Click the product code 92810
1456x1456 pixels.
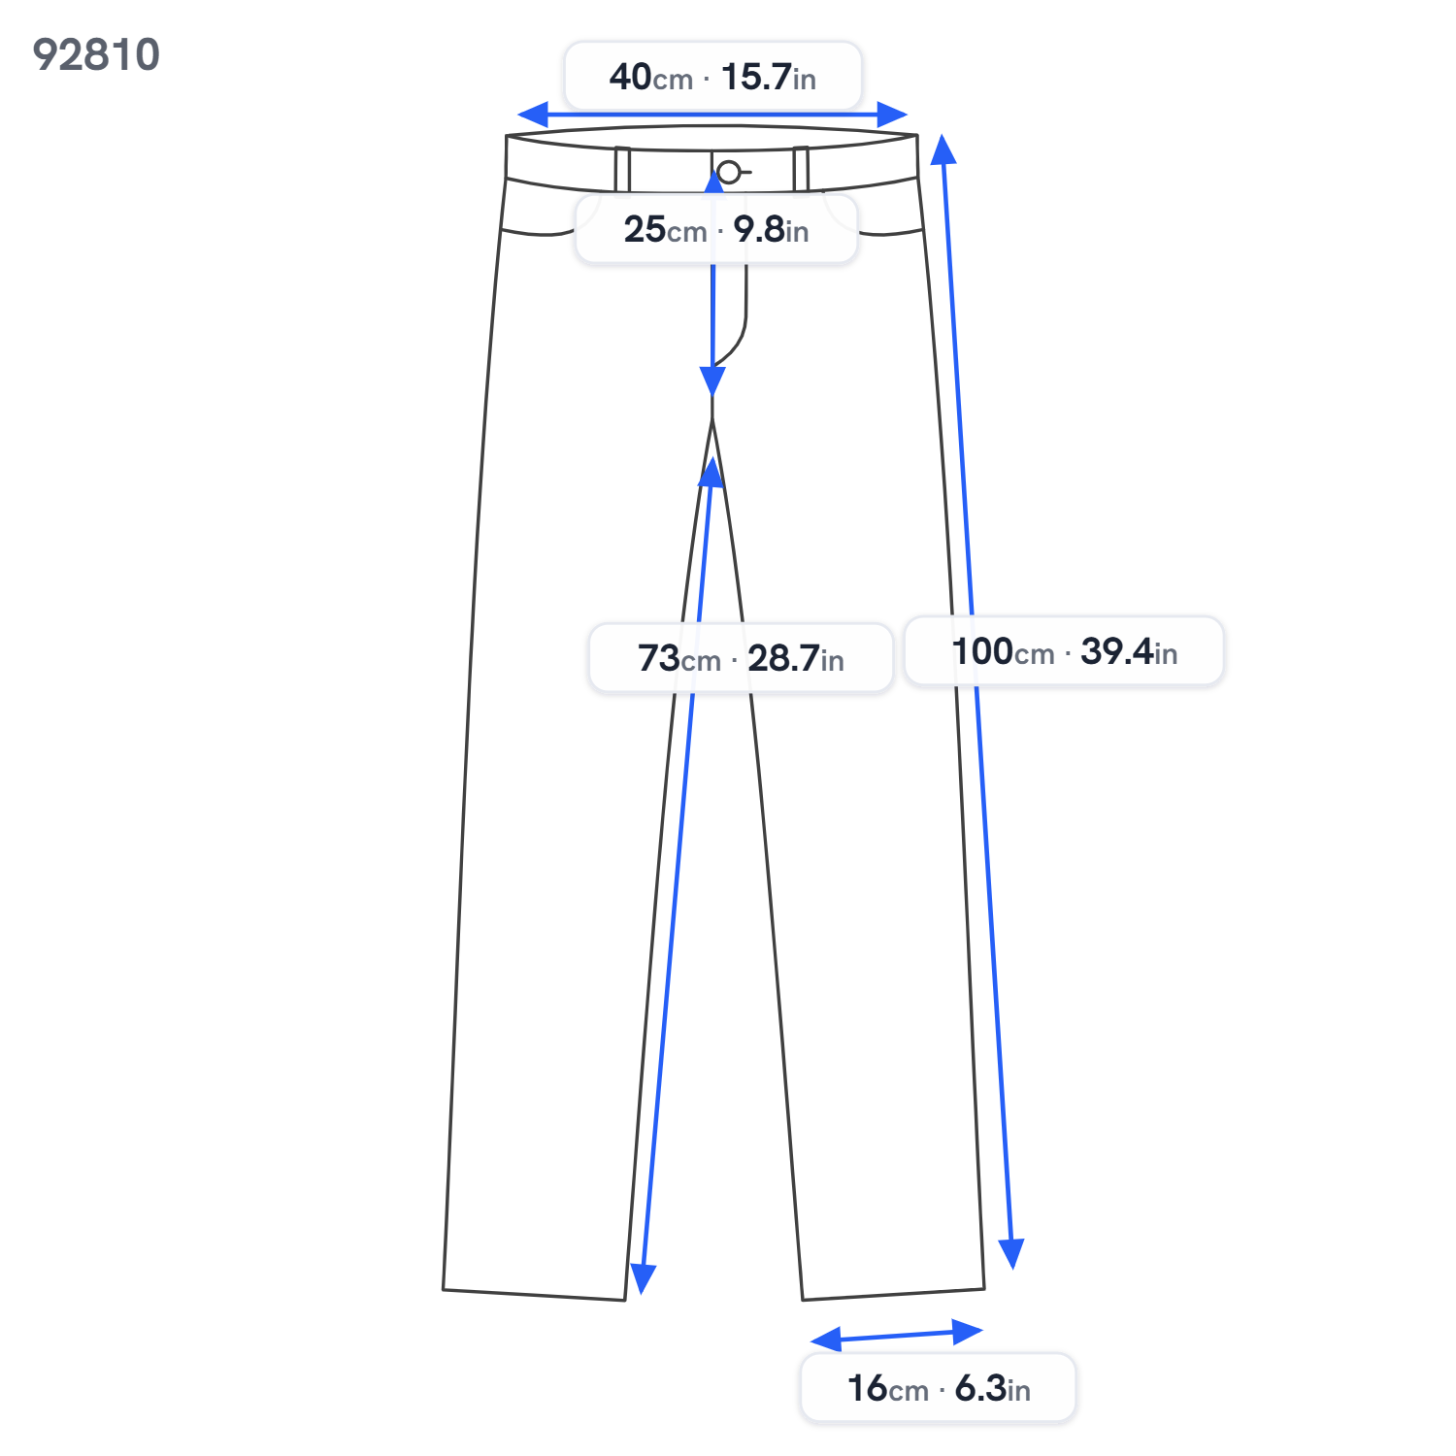coord(96,54)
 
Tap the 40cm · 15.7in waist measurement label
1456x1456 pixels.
coord(712,76)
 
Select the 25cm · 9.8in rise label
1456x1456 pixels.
coord(716,229)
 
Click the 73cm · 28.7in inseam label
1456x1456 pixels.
coord(741,658)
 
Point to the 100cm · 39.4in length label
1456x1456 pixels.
coord(1064,650)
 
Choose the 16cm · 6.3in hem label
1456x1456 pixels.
coord(938,1387)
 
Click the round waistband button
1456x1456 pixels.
coord(729,173)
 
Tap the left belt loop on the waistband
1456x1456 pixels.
coord(622,170)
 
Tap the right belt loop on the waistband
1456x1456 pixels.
coord(801,169)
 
